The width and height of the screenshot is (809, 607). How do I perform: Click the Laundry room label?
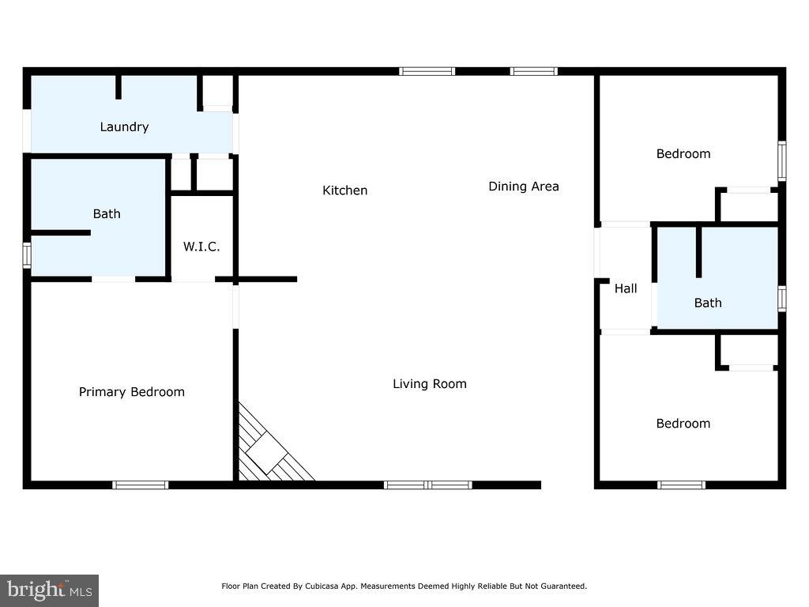click(124, 126)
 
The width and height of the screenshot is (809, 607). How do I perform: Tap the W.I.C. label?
click(201, 247)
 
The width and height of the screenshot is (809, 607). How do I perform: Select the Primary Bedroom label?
click(131, 392)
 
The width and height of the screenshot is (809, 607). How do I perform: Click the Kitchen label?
click(344, 190)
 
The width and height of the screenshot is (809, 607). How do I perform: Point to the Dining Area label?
click(523, 187)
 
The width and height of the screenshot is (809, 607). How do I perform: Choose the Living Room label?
click(430, 384)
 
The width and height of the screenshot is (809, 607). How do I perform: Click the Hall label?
click(626, 288)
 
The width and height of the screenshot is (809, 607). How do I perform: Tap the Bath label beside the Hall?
click(708, 303)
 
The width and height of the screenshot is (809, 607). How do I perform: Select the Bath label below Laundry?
click(107, 213)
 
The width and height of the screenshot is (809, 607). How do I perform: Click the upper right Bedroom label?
click(683, 153)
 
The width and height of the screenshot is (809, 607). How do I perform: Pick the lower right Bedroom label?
click(683, 424)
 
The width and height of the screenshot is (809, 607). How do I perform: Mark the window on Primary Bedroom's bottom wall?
click(140, 484)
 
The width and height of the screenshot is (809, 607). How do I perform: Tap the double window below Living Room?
click(427, 484)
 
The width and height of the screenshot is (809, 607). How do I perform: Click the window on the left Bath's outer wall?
click(27, 255)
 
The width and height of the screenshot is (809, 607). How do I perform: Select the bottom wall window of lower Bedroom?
click(681, 484)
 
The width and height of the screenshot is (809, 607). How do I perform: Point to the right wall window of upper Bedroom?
click(781, 160)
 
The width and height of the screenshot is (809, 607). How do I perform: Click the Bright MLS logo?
click(49, 590)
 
